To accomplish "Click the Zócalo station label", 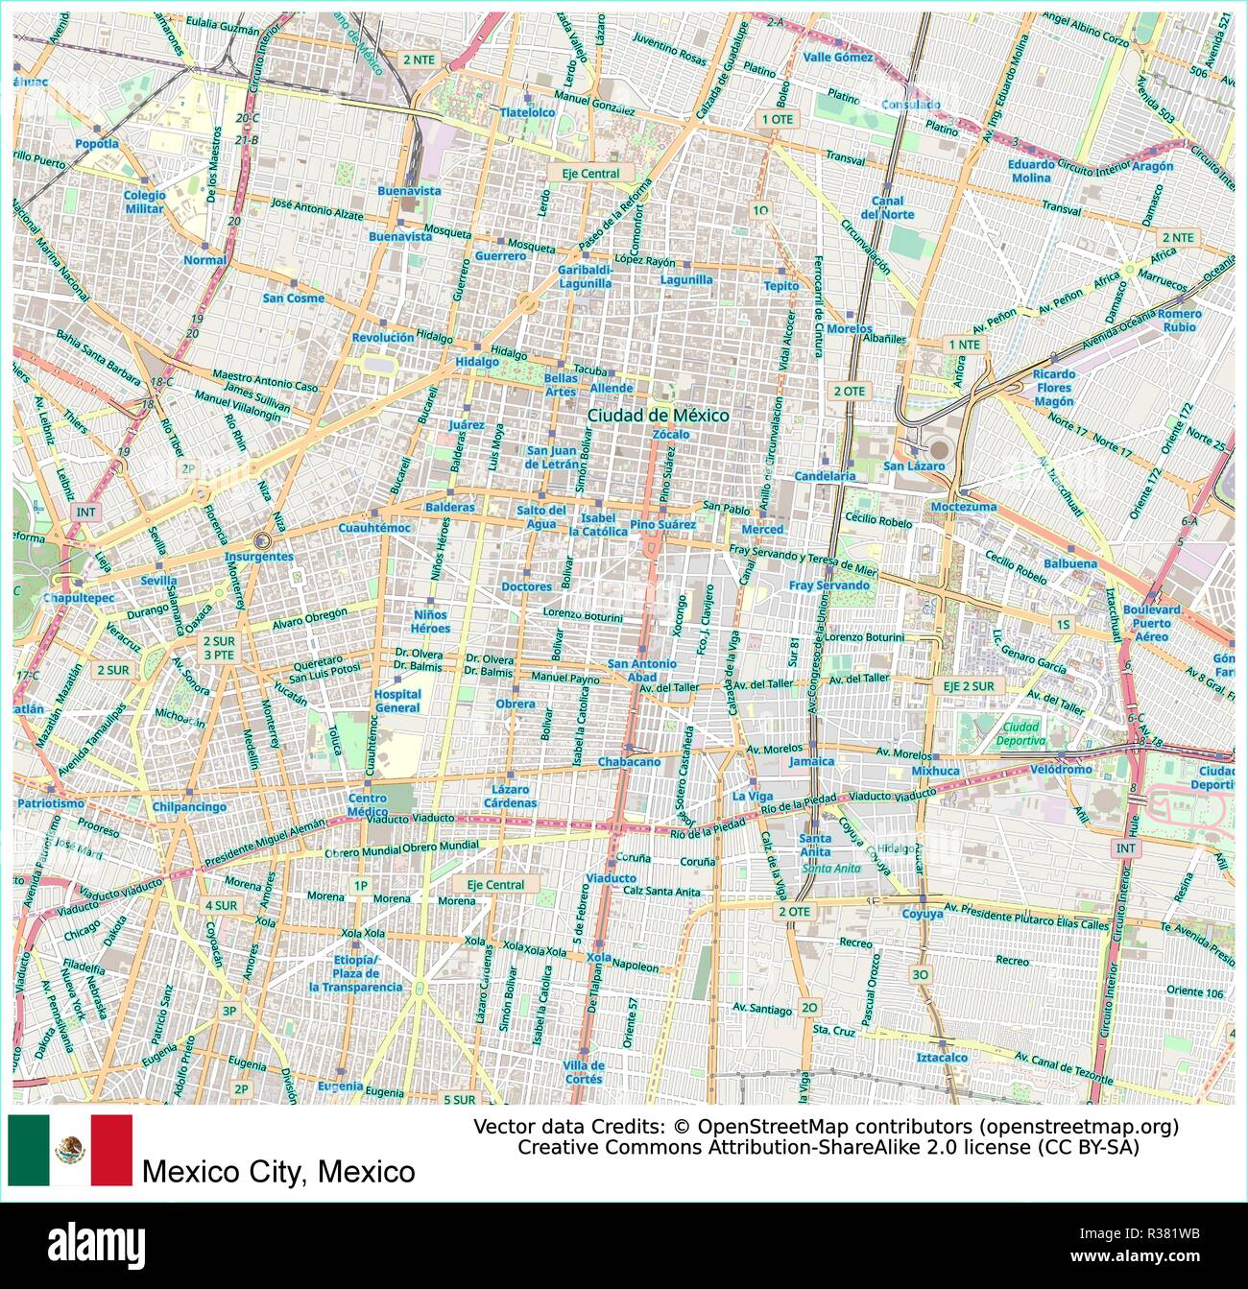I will point(670,434).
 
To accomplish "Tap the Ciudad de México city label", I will point(658,416).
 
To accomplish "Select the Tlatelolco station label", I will point(527,112).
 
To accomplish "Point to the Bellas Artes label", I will point(561,384).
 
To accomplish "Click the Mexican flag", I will point(70,1150).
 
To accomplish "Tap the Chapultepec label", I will point(78,598).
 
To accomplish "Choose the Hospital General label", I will point(397,701).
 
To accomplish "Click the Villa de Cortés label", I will point(584,1072).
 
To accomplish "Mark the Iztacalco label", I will point(942,1057).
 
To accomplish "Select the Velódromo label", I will point(1060,770).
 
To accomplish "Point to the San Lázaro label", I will point(914,465).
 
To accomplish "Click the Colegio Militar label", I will point(144,202).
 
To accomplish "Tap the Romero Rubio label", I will point(1179,321).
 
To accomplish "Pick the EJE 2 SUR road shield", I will point(968,686).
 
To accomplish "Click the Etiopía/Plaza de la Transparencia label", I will point(355,973).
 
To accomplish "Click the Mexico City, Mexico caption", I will point(278,1172).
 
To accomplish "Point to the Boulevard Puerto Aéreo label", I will point(1152,623).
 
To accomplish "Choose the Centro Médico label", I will point(367,804).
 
